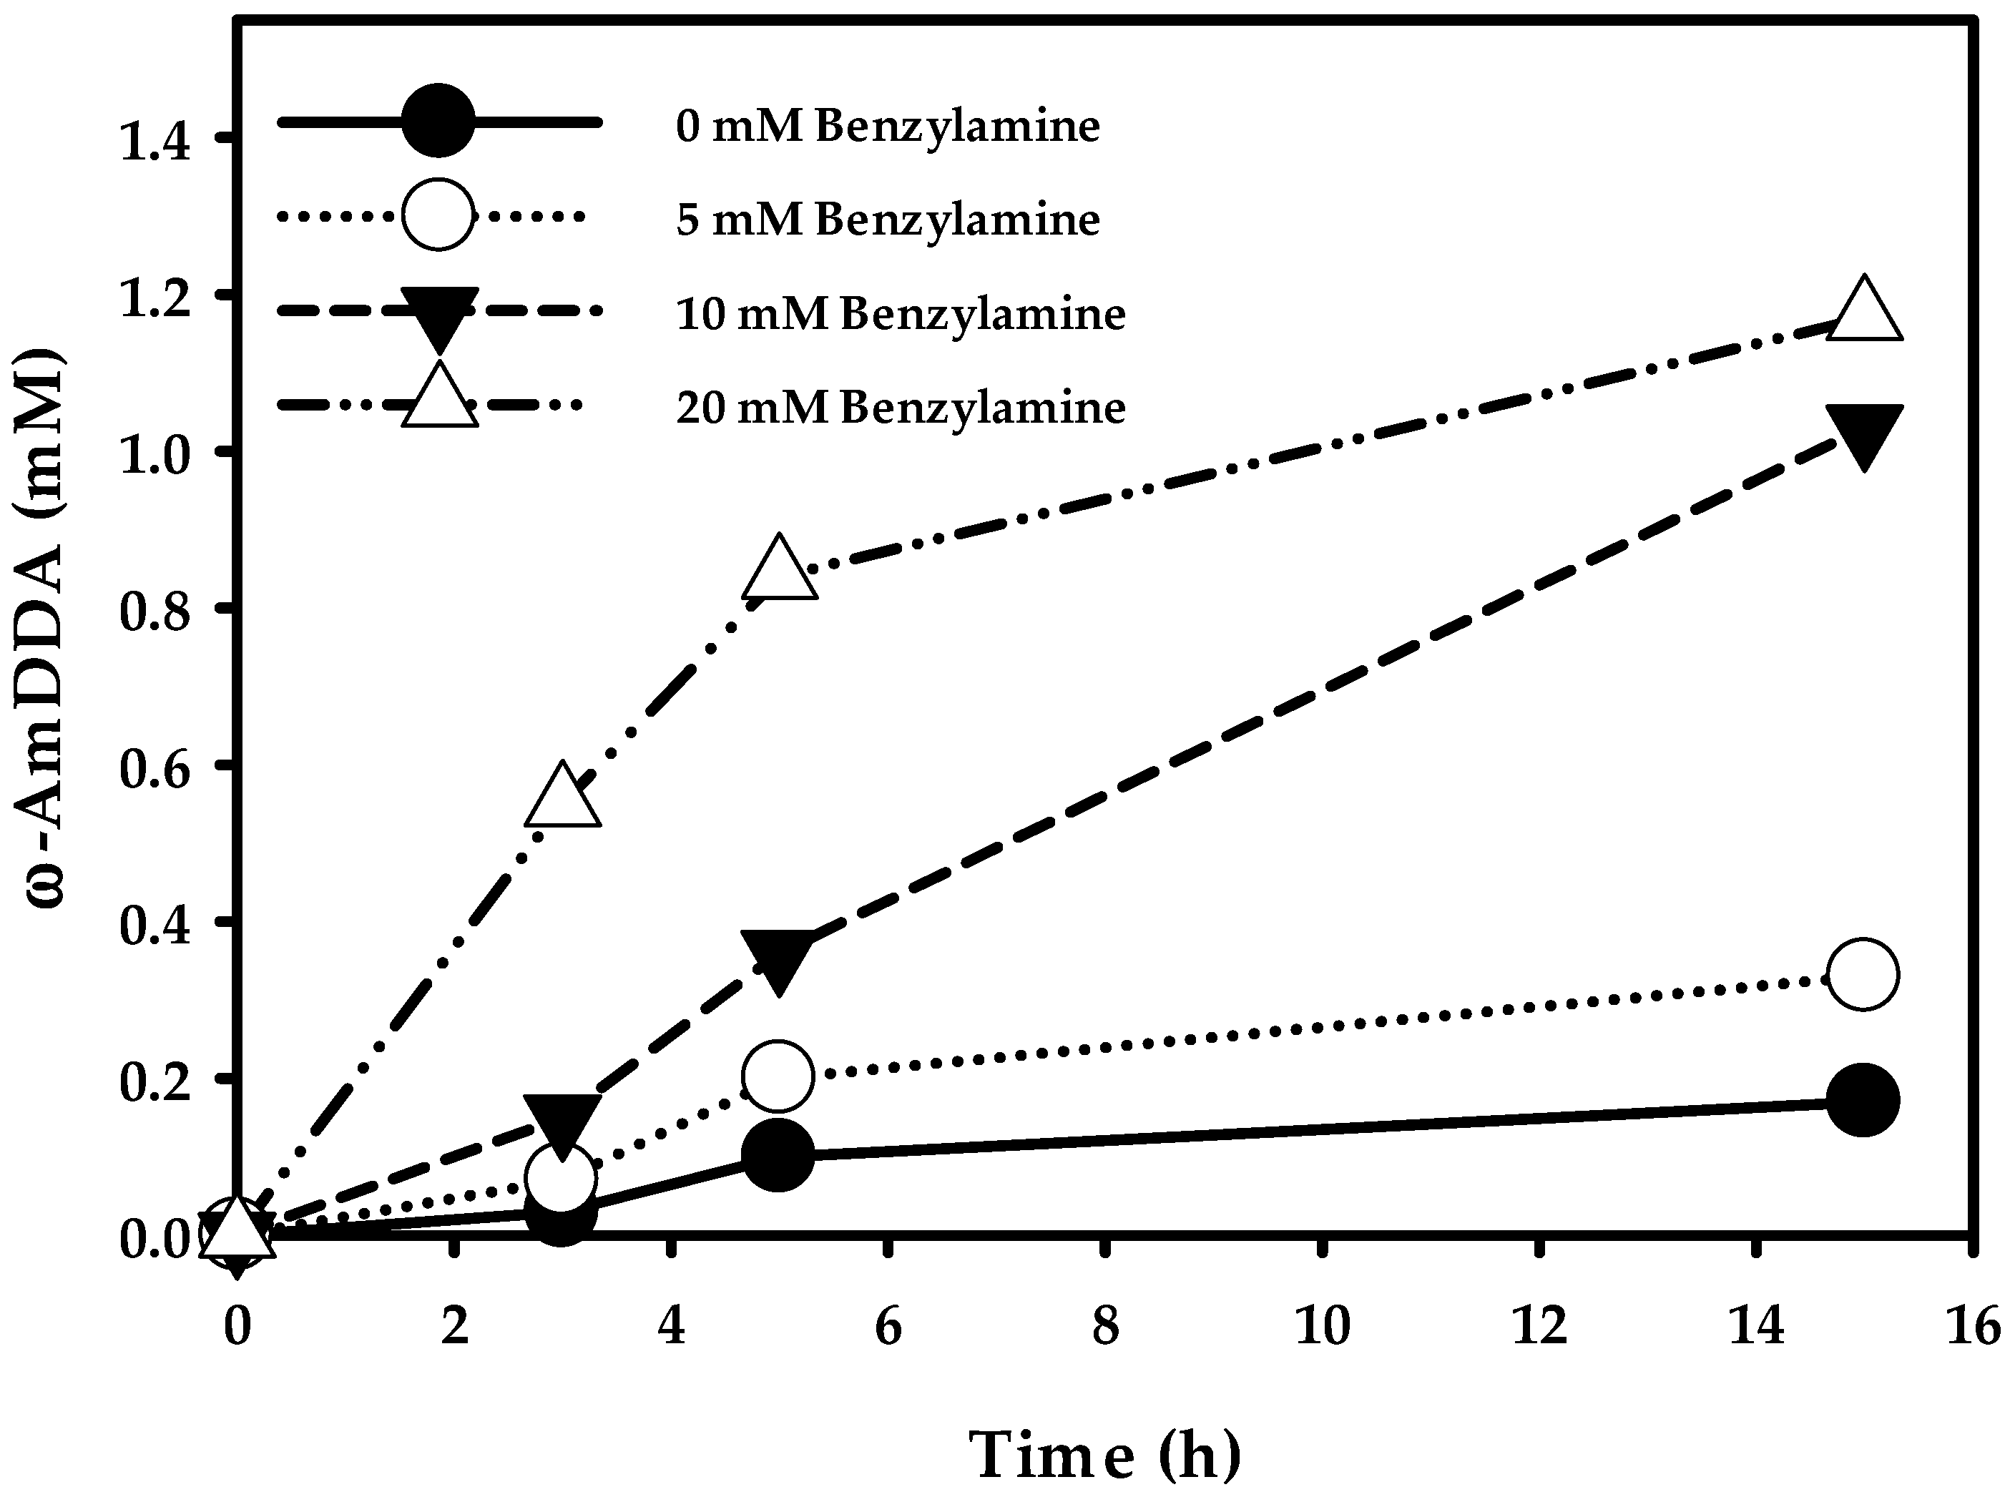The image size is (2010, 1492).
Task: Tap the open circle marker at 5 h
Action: [778, 1076]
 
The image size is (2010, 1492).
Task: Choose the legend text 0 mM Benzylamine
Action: [888, 127]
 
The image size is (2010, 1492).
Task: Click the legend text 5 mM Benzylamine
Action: [888, 220]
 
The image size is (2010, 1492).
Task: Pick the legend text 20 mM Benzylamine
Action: [901, 409]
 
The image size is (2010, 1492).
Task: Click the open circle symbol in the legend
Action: [438, 215]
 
